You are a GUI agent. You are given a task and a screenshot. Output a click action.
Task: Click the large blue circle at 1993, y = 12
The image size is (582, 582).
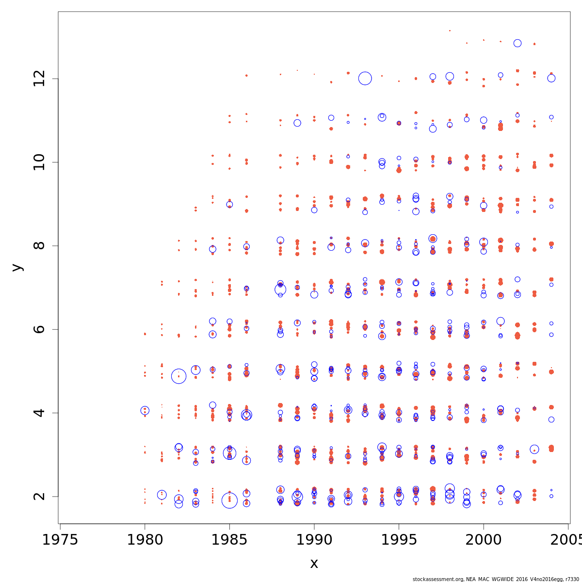pos(365,78)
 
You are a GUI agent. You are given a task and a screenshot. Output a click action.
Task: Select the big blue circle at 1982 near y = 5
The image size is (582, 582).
pos(178,376)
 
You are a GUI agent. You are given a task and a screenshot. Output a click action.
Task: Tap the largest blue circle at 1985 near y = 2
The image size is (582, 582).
pos(229,500)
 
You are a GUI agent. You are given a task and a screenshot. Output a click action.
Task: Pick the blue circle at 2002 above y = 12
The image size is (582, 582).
pos(517,43)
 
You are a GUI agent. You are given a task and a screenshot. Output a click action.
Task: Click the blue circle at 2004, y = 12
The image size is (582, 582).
pos(551,78)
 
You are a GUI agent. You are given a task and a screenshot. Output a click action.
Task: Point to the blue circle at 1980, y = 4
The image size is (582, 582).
pos(145,410)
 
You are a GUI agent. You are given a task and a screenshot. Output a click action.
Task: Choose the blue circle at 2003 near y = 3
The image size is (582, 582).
pos(534,450)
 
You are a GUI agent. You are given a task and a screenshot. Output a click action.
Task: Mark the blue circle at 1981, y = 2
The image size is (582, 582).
pos(162,495)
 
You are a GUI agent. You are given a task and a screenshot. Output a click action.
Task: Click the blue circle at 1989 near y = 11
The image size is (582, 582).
pos(297,123)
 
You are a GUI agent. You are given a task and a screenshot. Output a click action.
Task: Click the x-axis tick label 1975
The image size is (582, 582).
pos(60,540)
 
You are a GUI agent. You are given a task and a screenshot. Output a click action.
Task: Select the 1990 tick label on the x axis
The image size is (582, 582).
pos(314,540)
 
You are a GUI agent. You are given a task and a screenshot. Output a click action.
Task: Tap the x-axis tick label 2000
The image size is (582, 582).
pos(484,540)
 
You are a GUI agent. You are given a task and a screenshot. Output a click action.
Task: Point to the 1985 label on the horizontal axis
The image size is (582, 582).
pos(229,540)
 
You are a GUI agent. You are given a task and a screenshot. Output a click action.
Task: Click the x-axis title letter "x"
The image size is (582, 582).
pos(314,563)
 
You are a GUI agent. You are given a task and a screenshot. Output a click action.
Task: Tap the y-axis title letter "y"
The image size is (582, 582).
pos(17,267)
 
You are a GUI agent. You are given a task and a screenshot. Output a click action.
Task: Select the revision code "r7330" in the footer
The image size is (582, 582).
pos(571,579)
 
